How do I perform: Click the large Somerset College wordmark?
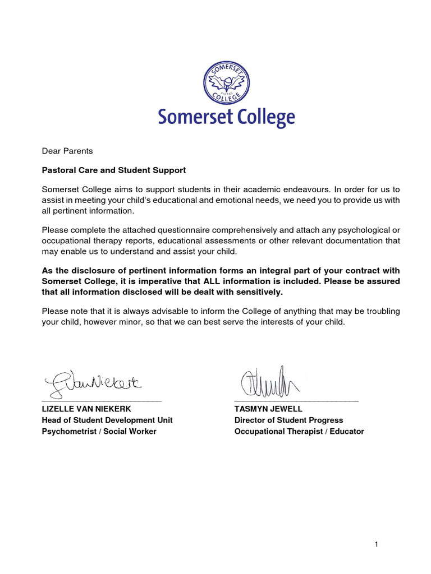226,118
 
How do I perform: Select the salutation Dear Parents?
67,151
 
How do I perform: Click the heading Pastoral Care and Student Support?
114,170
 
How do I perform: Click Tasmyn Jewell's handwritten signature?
269,382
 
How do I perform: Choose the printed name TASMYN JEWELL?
268,409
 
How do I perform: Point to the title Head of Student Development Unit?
107,420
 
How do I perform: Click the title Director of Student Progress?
288,420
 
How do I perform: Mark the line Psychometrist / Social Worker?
99,432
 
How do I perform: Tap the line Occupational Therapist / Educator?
299,432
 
